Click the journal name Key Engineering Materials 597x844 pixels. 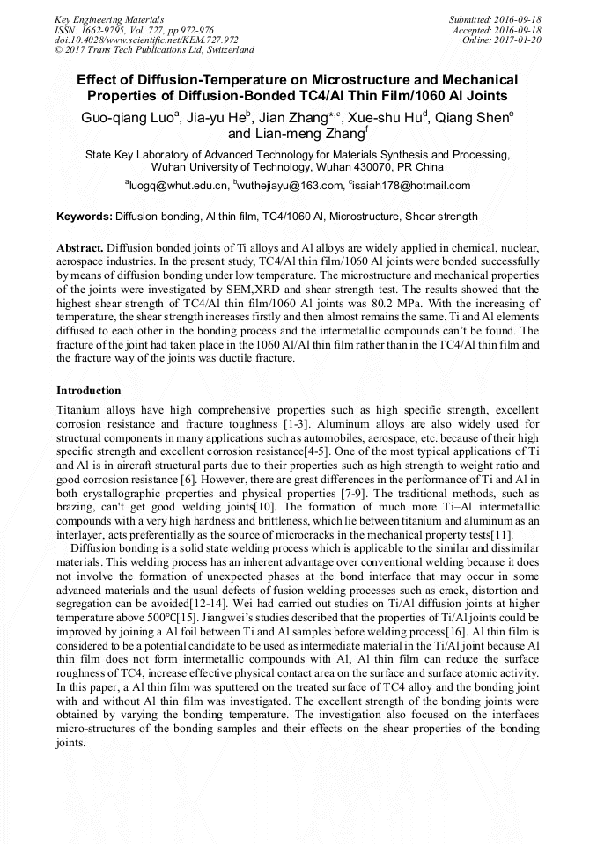(109, 19)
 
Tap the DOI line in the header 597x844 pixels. (146, 40)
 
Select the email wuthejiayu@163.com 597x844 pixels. (287, 186)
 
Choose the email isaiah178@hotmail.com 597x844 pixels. (409, 186)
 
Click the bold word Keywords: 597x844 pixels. (85, 216)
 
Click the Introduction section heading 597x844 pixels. (89, 390)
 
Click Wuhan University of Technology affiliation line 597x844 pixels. (298, 166)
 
